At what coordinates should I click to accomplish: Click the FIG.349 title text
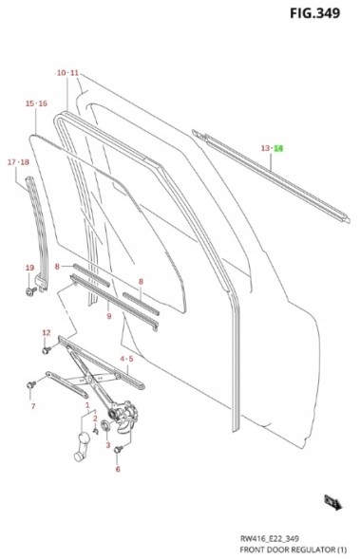314,13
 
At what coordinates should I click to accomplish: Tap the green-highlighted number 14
278,148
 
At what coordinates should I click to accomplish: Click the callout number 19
29,268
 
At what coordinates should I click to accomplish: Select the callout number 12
47,332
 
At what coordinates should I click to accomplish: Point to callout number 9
109,316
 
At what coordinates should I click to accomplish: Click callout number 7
33,406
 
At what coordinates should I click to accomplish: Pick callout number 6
118,469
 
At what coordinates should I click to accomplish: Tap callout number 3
107,445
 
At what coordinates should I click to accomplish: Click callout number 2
95,419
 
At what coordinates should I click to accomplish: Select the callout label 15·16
36,103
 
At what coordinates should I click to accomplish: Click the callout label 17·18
18,162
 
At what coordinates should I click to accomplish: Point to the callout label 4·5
126,359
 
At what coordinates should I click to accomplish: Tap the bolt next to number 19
31,291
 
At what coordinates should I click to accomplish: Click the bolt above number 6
119,450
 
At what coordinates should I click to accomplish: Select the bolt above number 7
31,384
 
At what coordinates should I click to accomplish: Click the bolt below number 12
47,350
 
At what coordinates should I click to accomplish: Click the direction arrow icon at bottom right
332,503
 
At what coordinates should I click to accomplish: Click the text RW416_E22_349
270,538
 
